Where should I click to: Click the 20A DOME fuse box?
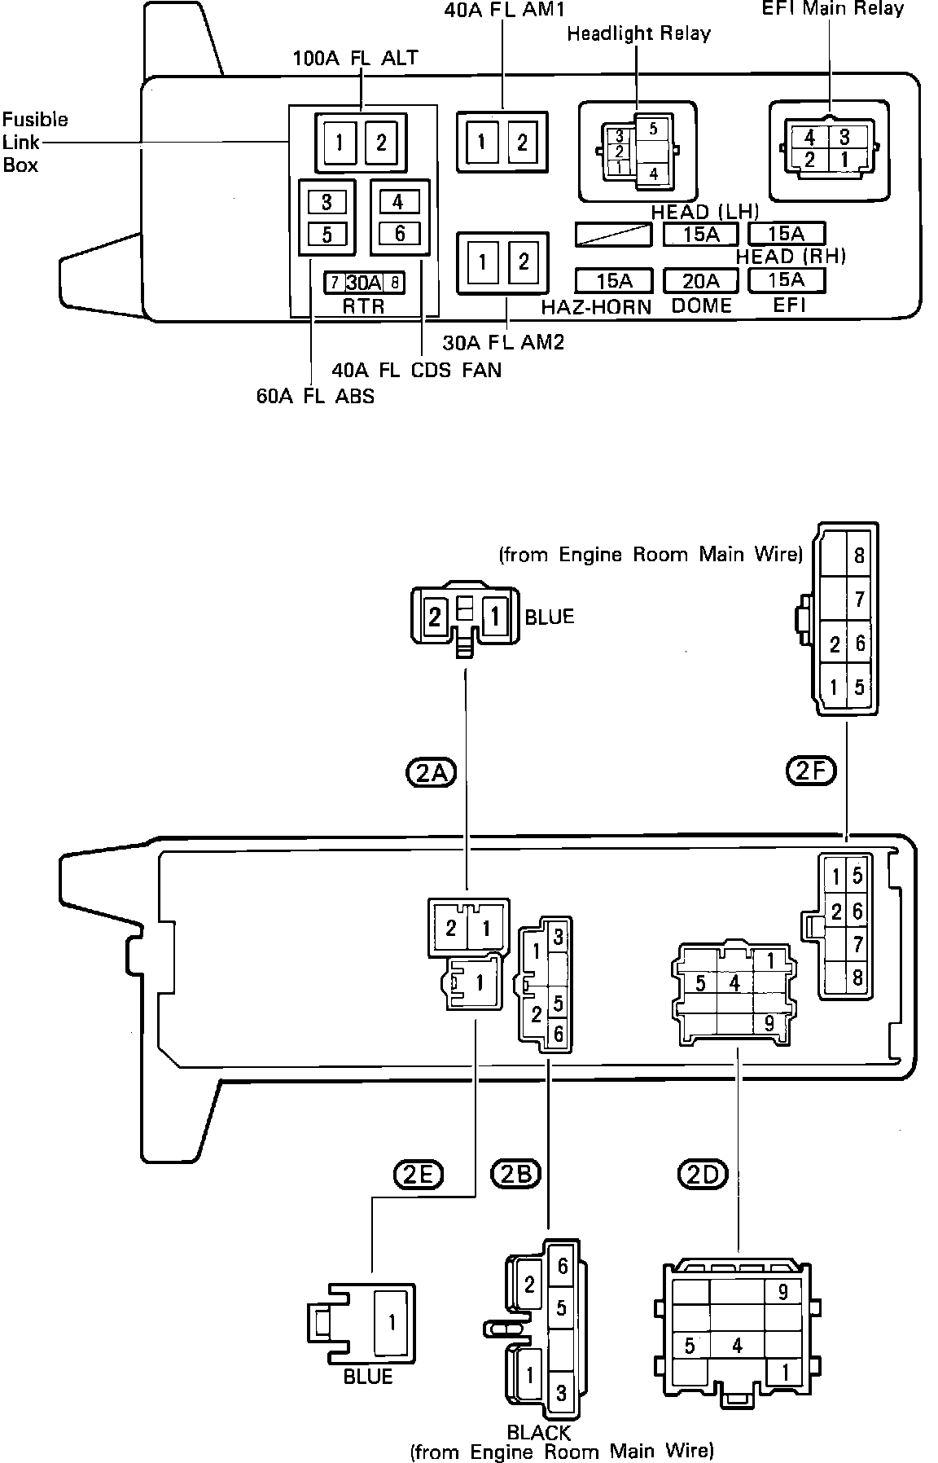701,281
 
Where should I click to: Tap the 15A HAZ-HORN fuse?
614,281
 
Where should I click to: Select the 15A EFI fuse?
787,280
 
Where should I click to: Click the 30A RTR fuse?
364,283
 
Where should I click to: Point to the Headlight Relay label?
638,34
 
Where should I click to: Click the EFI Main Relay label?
832,9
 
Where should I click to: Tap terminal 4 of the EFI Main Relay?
809,138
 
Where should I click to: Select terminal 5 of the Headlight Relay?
653,128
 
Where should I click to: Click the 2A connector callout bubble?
430,772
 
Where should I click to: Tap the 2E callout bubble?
418,1174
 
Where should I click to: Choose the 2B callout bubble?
516,1174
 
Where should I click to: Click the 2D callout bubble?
701,1174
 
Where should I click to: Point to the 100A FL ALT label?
355,58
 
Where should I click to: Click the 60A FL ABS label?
315,398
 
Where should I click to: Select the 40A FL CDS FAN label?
416,370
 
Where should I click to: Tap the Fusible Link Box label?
34,143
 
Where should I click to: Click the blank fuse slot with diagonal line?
613,235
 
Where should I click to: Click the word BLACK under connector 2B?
538,1432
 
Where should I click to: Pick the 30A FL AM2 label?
503,342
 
